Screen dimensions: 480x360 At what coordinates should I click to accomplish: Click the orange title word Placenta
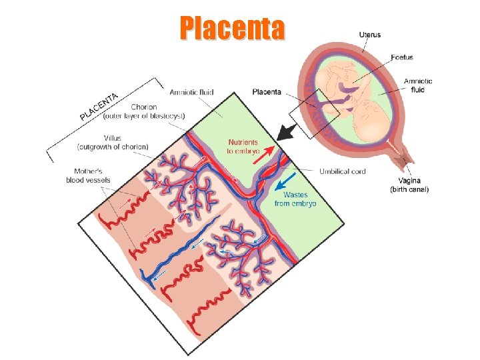pos(231,28)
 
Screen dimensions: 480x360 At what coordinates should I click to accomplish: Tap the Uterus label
pos(370,34)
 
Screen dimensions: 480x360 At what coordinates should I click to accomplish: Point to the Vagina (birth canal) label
pos(409,185)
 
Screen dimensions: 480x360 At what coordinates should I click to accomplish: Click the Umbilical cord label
pos(342,171)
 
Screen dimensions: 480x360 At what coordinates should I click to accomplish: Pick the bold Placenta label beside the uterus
pos(267,92)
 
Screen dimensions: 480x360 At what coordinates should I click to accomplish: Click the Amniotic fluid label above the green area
pos(191,92)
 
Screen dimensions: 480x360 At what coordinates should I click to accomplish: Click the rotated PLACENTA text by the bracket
pos(99,107)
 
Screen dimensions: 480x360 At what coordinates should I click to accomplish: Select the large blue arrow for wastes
pos(286,181)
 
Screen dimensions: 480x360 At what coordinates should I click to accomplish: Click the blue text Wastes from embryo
pos(295,199)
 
